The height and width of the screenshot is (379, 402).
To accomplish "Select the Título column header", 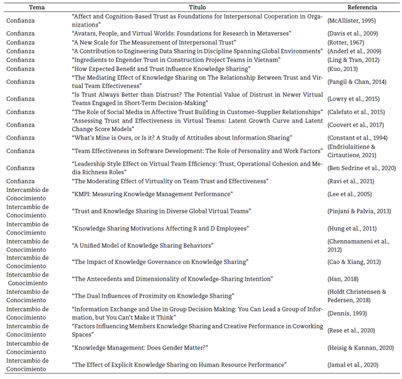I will click(x=196, y=8).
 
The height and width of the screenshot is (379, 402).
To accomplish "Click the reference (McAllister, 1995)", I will click(x=351, y=21).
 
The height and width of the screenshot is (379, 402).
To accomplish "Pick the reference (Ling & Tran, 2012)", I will click(x=353, y=60).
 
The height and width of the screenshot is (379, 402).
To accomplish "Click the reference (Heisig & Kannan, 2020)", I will click(x=361, y=348).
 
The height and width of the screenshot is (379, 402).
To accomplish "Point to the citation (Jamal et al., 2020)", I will click(x=352, y=365).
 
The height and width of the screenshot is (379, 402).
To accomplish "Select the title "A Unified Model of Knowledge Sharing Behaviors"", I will click(x=142, y=245).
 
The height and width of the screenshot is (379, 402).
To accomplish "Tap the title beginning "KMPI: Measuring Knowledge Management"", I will click(x=152, y=194).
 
